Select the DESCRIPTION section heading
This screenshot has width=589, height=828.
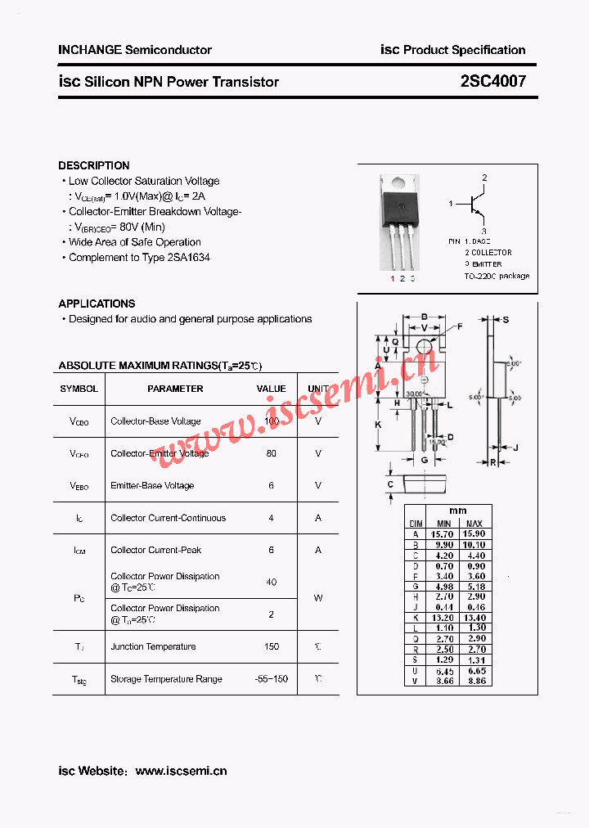(94, 165)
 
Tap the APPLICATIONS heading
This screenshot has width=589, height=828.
(97, 304)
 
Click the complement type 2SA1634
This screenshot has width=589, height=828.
(188, 258)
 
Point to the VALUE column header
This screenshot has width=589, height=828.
(272, 389)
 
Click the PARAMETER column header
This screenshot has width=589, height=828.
(175, 389)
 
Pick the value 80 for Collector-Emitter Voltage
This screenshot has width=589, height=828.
(272, 453)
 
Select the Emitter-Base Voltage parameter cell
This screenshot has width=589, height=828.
(152, 486)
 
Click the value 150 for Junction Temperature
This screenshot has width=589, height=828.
(272, 647)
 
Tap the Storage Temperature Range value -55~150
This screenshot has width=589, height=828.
(272, 679)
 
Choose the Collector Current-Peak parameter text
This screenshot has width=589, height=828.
(155, 551)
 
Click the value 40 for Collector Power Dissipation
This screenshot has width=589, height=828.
(272, 583)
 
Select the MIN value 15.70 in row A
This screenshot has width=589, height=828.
(443, 534)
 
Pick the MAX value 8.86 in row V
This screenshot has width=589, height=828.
(474, 681)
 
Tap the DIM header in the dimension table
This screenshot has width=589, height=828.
(416, 523)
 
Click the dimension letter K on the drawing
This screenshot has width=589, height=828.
(378, 425)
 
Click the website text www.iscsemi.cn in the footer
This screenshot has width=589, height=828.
(181, 771)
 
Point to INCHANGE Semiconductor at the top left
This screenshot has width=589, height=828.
(135, 50)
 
